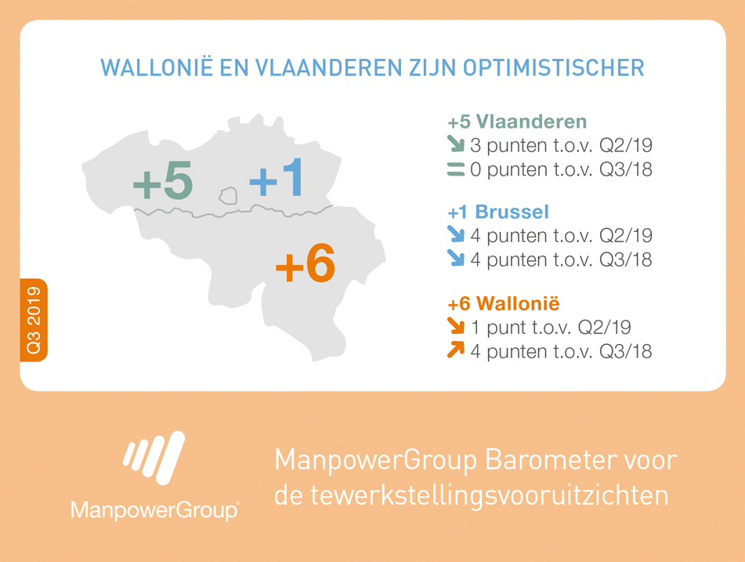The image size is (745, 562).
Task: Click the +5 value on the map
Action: [163, 181]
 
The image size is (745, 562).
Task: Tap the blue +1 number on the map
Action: [276, 178]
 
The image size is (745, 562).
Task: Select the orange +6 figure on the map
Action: [306, 263]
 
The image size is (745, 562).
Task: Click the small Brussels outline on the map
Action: [229, 195]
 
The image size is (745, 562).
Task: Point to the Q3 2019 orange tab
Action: [34, 320]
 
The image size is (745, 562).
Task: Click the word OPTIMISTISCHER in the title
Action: [554, 67]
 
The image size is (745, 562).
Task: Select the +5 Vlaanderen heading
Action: [517, 121]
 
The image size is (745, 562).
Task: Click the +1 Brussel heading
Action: [498, 212]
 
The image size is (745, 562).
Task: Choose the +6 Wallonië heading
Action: [504, 303]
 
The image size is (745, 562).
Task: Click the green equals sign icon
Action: [456, 169]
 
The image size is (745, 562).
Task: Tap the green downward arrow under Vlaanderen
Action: [456, 144]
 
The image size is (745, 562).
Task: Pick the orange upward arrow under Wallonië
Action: [456, 350]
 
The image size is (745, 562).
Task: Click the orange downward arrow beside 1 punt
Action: [456, 326]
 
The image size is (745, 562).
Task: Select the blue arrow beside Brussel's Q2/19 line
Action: [456, 234]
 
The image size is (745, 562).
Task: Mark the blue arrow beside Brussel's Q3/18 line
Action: [456, 258]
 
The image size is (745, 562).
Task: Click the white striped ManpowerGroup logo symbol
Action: [154, 458]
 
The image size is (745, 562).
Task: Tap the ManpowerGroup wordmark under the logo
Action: [155, 510]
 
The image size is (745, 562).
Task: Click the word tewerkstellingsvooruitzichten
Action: [490, 496]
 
